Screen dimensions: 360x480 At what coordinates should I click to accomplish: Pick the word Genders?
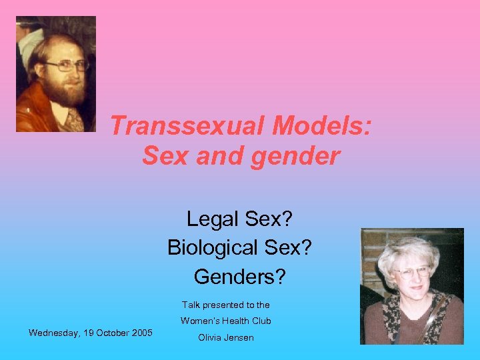pos(239,275)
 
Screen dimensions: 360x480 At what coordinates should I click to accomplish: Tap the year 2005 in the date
pos(141,333)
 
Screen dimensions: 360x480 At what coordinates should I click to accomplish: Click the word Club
pos(261,321)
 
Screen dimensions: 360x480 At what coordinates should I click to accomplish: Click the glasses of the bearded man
pos(67,66)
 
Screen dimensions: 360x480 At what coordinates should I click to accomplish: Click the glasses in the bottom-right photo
pos(412,272)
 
